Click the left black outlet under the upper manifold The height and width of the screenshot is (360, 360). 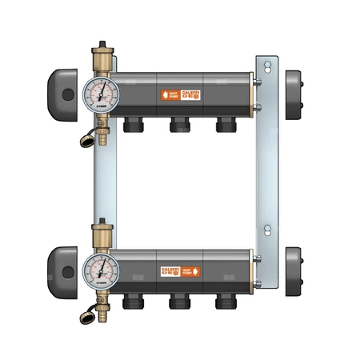click(134, 126)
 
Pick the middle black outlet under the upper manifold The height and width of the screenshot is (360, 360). click(179, 126)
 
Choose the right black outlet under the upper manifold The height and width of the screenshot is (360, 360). click(225, 126)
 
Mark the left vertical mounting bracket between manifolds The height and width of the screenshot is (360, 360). click(101, 184)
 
